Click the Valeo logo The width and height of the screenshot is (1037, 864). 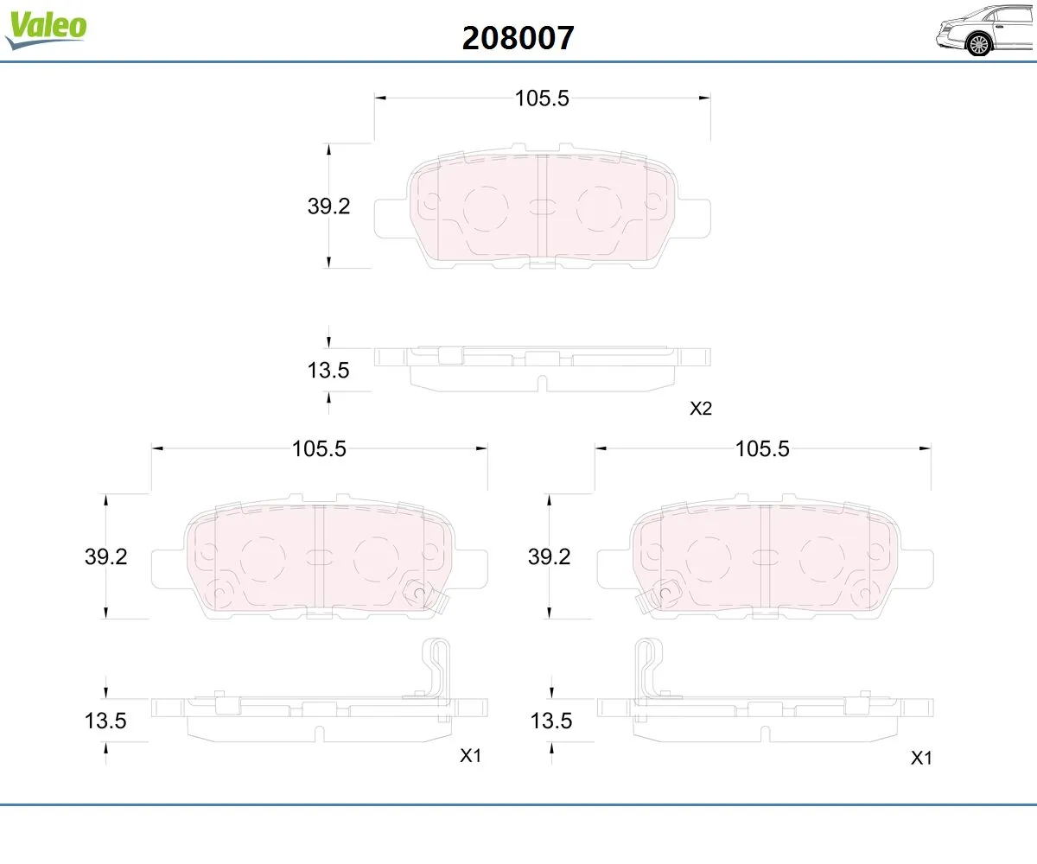coord(46,29)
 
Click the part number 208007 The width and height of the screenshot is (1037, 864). coord(518,38)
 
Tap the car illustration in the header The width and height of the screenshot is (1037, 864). coord(985,30)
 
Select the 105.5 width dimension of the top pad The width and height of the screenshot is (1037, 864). coord(542,98)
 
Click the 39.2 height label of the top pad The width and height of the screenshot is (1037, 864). coord(328,206)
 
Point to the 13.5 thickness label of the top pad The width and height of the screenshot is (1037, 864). coord(328,370)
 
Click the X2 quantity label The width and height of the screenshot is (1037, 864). coord(701,408)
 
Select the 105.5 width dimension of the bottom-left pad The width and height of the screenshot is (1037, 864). coord(319,449)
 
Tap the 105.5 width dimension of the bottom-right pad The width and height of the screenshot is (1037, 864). coord(762,449)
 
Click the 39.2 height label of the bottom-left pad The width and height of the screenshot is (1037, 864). coord(105,556)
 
